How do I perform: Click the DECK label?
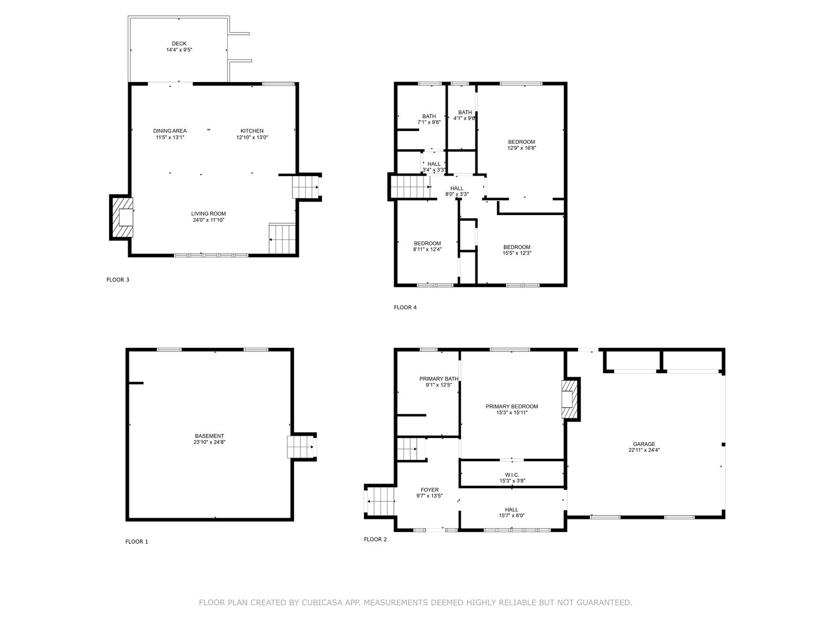pyautogui.click(x=179, y=44)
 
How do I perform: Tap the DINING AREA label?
pyautogui.click(x=170, y=131)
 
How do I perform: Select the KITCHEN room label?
pyautogui.click(x=252, y=131)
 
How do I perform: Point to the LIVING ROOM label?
pyautogui.click(x=209, y=214)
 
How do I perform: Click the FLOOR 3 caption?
pyautogui.click(x=118, y=280)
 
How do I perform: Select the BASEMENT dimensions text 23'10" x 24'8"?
pyautogui.click(x=209, y=443)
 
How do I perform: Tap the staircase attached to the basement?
pyautogui.click(x=301, y=447)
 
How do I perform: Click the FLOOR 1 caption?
pyautogui.click(x=137, y=542)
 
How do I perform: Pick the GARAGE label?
pyautogui.click(x=644, y=444)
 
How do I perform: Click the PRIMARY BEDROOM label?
pyautogui.click(x=511, y=406)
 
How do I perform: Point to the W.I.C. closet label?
pyautogui.click(x=511, y=475)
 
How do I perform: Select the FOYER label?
pyautogui.click(x=429, y=490)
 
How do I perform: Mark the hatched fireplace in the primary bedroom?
pyautogui.click(x=570, y=399)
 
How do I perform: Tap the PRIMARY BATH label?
pyautogui.click(x=439, y=379)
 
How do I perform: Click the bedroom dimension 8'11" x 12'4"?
pyautogui.click(x=427, y=250)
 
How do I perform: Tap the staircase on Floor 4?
pyautogui.click(x=410, y=187)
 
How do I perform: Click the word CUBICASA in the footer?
pyautogui.click(x=322, y=603)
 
